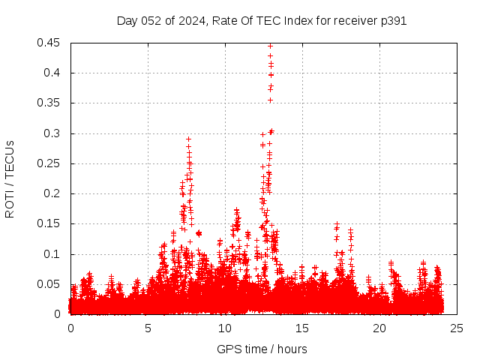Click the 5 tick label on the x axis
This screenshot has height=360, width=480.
pos(148,328)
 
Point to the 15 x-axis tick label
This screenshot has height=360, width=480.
pos(303,328)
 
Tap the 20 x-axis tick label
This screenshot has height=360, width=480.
pos(380,328)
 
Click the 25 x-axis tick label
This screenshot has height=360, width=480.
pos(457,328)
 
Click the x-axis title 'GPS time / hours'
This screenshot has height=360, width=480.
pos(262,349)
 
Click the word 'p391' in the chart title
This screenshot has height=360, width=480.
pos(393,21)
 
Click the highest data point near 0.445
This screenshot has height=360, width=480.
pos(270,46)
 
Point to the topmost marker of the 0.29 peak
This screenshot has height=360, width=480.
pos(188,139)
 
